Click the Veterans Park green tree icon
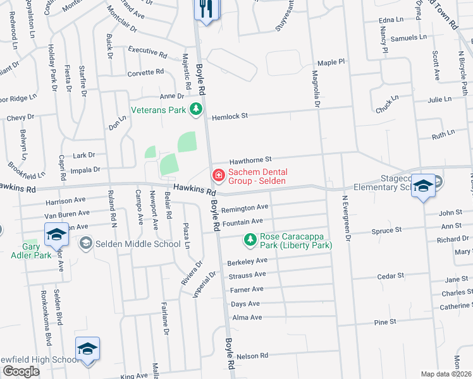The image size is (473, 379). coord(196,109)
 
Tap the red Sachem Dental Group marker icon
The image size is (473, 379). coord(218,174)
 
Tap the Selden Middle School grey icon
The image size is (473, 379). coord(85,243)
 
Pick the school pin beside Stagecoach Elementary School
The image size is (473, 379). coord(423,186)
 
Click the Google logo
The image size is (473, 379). coord(21,371)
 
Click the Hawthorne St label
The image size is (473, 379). coord(250,160)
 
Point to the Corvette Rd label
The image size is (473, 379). coord(145,73)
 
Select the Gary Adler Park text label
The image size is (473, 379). coord(27,251)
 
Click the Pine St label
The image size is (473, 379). coord(384,322)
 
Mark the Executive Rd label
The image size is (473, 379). coord(147,50)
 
